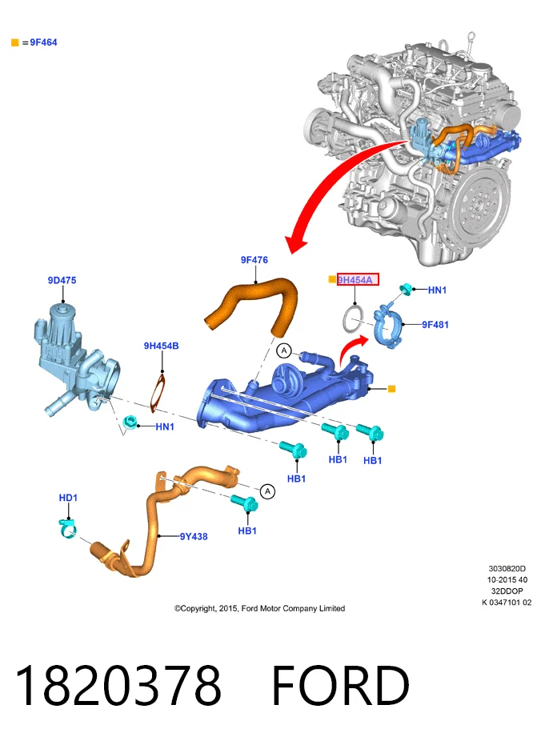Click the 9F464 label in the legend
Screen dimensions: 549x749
point(43,42)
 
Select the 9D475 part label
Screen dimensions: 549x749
point(62,280)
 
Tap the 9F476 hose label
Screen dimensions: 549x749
point(254,260)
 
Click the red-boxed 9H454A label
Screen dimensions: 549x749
point(358,279)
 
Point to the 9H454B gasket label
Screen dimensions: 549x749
point(162,346)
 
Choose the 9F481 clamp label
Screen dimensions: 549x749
point(435,325)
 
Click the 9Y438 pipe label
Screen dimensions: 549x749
point(194,536)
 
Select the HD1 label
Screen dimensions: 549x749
point(68,498)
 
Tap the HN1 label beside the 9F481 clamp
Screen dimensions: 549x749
point(437,290)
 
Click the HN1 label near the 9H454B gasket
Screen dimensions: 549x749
point(165,427)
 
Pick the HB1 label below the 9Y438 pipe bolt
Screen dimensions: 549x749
point(247,531)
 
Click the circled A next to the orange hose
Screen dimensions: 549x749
point(284,350)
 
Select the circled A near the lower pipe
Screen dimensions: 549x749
point(267,491)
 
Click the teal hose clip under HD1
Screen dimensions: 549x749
point(67,528)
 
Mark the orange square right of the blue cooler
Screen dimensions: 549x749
point(391,389)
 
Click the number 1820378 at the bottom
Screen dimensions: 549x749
point(118,685)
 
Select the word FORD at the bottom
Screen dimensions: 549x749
point(340,685)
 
